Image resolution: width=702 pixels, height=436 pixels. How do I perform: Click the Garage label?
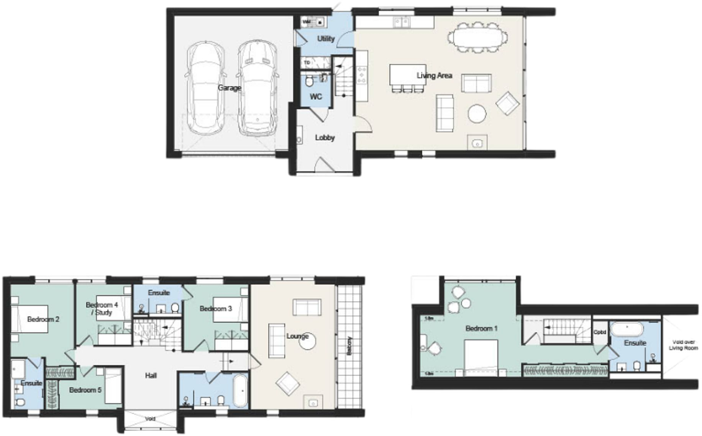(230, 88)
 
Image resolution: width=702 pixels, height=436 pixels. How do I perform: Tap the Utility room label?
(326, 39)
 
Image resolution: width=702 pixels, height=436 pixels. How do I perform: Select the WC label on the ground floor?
(315, 97)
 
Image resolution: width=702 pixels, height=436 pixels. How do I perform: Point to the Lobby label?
(325, 137)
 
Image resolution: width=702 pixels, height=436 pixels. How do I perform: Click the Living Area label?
(434, 76)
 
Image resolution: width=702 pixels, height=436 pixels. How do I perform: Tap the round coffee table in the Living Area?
(477, 114)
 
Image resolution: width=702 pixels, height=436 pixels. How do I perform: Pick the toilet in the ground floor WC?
(308, 81)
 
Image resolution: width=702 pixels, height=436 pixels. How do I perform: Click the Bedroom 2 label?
(43, 319)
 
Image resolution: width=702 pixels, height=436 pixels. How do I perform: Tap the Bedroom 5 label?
(85, 390)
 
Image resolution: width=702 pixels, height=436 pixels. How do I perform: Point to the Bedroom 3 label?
(216, 309)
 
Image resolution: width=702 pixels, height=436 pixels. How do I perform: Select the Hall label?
(151, 376)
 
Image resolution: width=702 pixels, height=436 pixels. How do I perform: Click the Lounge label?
(297, 336)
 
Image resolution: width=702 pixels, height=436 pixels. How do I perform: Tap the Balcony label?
(349, 346)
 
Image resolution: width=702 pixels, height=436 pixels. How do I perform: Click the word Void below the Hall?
(150, 419)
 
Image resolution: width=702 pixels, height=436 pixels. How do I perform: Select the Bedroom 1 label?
(481, 329)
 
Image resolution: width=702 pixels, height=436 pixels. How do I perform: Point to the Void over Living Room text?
(683, 345)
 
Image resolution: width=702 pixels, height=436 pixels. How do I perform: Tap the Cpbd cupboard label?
(600, 332)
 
